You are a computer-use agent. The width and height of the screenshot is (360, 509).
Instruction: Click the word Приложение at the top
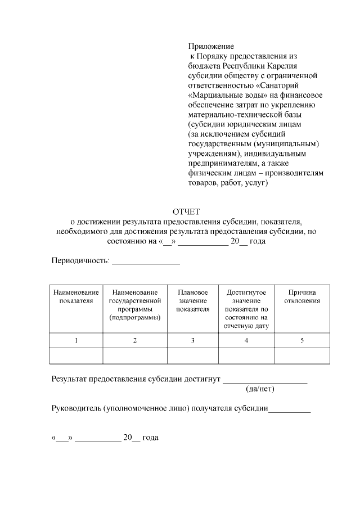[210, 46]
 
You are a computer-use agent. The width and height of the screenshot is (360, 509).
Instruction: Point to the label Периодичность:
[80, 262]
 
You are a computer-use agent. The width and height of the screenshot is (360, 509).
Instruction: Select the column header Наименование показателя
[76, 296]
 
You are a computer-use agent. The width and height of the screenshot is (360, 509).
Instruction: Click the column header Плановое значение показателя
[193, 300]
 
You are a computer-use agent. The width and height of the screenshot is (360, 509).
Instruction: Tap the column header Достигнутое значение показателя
[246, 308]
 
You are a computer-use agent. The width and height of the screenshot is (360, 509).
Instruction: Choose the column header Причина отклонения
[302, 296]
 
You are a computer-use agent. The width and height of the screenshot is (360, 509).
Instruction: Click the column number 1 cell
[76, 341]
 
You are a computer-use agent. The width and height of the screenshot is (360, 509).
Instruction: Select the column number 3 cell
[193, 341]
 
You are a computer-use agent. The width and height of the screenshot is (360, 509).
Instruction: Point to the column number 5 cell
[302, 341]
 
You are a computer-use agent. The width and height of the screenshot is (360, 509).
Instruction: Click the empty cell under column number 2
[134, 357]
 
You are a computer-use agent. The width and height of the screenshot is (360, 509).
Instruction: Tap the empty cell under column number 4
[246, 357]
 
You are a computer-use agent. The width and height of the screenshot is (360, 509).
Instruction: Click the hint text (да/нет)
[260, 389]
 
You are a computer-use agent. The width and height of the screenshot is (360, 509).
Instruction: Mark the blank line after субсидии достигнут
[265, 381]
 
